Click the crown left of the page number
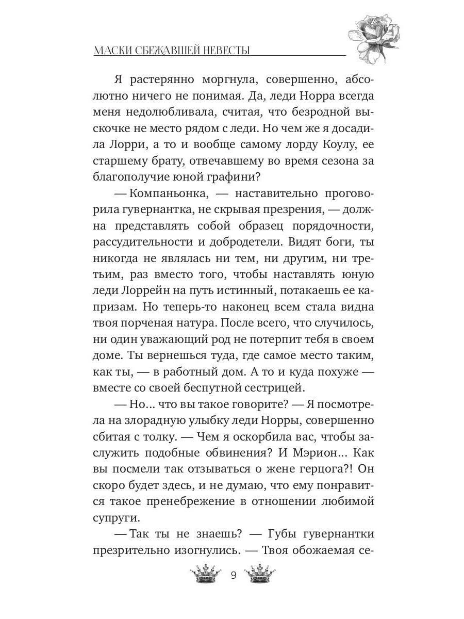click(205, 574)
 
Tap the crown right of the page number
click(260, 574)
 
